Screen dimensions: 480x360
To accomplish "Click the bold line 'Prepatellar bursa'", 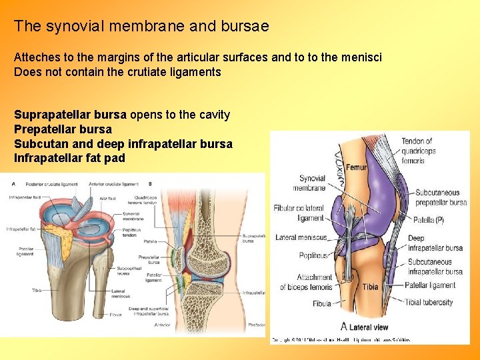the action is point(63,129).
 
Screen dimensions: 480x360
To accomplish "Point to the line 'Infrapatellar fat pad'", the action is point(69,158).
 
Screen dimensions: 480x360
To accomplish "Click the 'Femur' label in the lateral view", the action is point(356,167).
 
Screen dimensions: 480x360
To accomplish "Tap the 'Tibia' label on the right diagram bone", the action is point(370,287).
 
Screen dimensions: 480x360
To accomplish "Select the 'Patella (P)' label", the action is point(429,220).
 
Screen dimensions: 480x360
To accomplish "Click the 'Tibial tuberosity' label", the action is point(429,302).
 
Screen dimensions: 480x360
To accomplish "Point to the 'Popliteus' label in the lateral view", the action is point(314,255).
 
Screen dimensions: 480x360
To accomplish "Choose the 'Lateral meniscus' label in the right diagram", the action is point(301,237).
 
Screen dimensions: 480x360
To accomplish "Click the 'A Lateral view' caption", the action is point(365,326).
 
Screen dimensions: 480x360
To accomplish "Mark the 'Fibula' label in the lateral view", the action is point(322,304).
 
